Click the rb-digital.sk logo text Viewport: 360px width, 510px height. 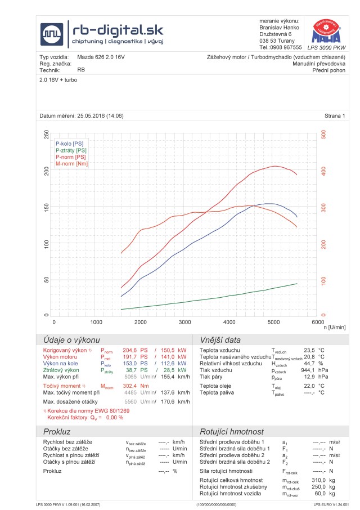point(115,29)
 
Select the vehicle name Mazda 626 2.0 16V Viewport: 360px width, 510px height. point(102,57)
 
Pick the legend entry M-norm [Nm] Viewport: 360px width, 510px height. point(72,164)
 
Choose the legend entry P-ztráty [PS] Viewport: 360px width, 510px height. point(71,150)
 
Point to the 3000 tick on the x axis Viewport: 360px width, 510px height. point(185,322)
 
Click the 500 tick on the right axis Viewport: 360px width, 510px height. point(323,135)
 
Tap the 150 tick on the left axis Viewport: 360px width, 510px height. point(46,207)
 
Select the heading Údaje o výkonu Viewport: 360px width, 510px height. point(68,340)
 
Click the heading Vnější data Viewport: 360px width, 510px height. point(220,340)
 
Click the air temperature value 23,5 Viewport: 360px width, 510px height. point(309,350)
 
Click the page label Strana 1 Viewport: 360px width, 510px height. point(334,116)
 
